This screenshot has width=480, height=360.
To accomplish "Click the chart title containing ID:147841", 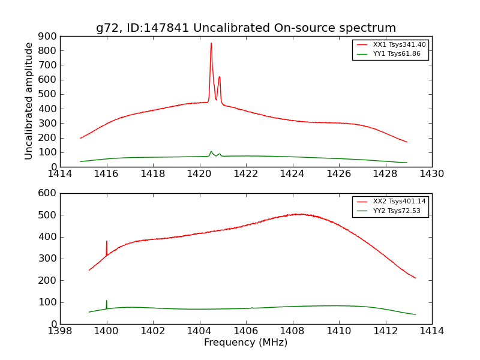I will pyautogui.click(x=246, y=28).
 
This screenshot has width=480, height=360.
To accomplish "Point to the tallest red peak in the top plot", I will pyautogui.click(x=211, y=44).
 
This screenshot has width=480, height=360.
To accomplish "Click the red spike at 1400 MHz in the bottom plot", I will pyautogui.click(x=107, y=242).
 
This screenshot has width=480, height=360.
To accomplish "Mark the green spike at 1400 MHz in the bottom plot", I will pyautogui.click(x=107, y=301).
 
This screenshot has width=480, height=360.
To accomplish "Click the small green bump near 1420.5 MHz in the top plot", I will pyautogui.click(x=211, y=152).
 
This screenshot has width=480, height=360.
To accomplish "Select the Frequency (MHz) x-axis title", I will pyautogui.click(x=246, y=343).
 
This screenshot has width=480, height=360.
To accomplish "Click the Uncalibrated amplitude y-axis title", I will pyautogui.click(x=29, y=101).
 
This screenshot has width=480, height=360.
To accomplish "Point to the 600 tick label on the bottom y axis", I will pyautogui.click(x=48, y=193).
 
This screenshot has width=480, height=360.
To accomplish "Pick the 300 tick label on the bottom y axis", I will pyautogui.click(x=48, y=259).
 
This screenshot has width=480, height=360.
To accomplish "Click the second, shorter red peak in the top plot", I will pyautogui.click(x=220, y=77).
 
